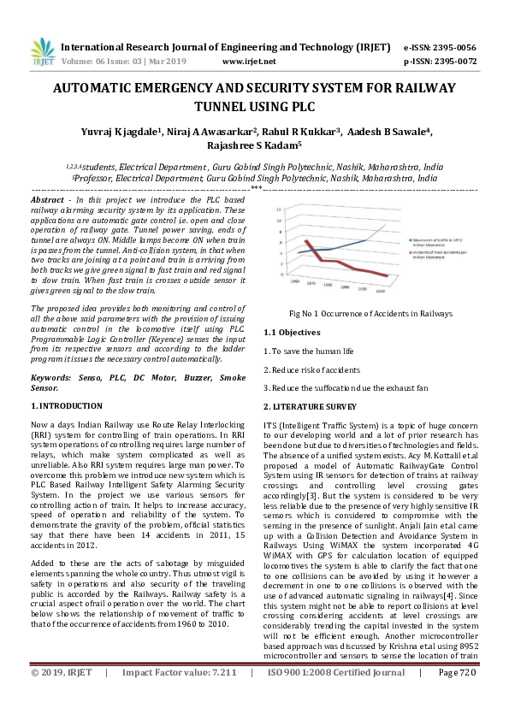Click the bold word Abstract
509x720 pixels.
click(x=47, y=198)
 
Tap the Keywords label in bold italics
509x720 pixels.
click(x=50, y=376)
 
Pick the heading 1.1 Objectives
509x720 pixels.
click(x=292, y=332)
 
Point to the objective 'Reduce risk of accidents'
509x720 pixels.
click(x=311, y=369)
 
